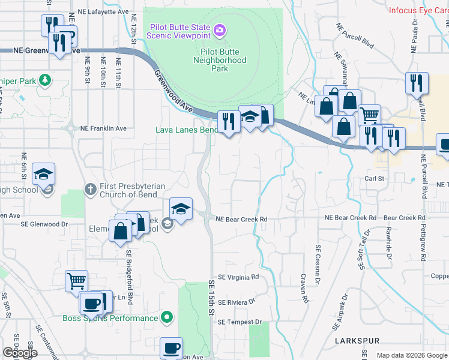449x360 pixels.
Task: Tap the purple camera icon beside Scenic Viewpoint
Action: pyautogui.click(x=220, y=29)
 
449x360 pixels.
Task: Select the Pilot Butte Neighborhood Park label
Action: pyautogui.click(x=220, y=60)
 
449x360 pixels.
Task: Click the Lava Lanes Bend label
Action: pyautogui.click(x=187, y=130)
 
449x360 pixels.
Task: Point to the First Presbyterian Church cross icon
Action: pyautogui.click(x=91, y=190)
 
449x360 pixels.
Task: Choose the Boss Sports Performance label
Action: pyautogui.click(x=110, y=318)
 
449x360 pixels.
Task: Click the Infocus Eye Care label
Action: pyautogui.click(x=418, y=10)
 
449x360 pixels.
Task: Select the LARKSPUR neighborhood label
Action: pyautogui.click(x=355, y=340)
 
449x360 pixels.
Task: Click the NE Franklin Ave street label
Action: pyautogui.click(x=103, y=128)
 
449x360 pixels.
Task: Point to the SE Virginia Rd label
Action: pyautogui.click(x=238, y=277)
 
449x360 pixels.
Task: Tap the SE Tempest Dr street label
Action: pyautogui.click(x=240, y=322)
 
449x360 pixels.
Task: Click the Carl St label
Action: pyautogui.click(x=374, y=178)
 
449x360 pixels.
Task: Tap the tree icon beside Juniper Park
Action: pyautogui.click(x=44, y=79)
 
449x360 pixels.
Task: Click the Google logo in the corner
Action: pyautogui.click(x=20, y=353)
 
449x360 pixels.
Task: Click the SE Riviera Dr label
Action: pyautogui.click(x=237, y=302)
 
